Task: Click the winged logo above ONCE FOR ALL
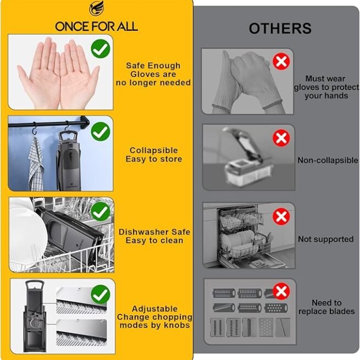click(x=96, y=8)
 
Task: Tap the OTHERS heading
click(x=280, y=29)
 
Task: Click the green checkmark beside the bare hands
click(x=101, y=48)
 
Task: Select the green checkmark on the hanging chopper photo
click(x=101, y=131)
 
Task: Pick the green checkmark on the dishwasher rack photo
click(x=101, y=212)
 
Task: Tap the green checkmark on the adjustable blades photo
click(x=101, y=295)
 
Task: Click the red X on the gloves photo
click(x=281, y=62)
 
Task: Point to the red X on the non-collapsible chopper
click(x=281, y=138)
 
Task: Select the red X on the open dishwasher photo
click(x=281, y=217)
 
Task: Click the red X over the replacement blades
click(x=281, y=291)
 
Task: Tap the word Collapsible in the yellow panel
click(x=153, y=151)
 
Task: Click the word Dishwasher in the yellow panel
click(x=143, y=232)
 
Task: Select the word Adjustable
click(x=154, y=308)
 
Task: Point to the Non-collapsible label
click(x=328, y=160)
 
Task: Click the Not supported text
click(x=325, y=239)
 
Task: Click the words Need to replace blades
click(x=326, y=307)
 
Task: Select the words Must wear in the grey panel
click(x=325, y=79)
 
